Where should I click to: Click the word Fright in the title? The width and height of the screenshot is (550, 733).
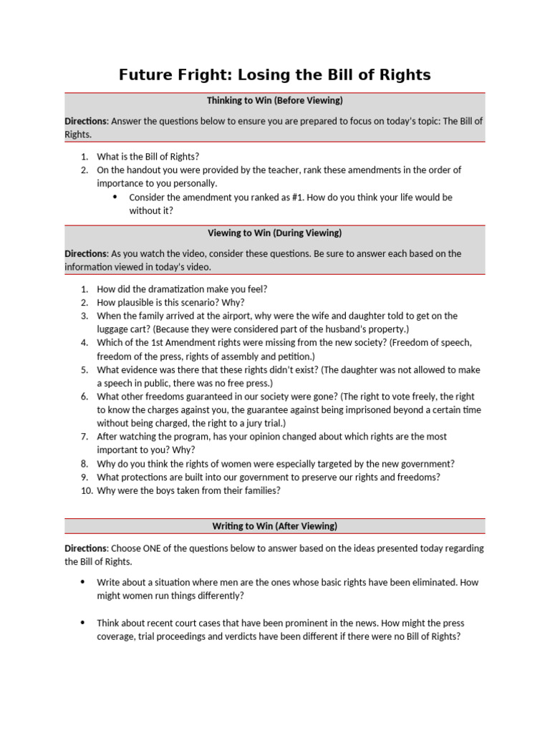[x=191, y=74]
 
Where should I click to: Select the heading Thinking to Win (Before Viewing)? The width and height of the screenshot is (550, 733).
[x=275, y=100]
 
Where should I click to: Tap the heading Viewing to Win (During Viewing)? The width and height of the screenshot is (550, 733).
[x=275, y=233]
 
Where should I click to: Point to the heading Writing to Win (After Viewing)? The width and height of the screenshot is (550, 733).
[x=275, y=526]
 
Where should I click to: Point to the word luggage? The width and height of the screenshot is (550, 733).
[x=114, y=329]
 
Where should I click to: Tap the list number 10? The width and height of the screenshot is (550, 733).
[x=84, y=490]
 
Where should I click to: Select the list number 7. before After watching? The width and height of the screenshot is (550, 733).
[x=85, y=437]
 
